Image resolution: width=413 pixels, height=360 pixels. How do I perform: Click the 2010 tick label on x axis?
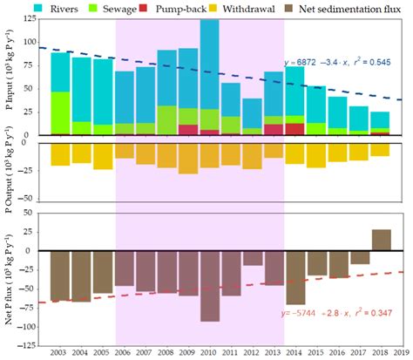coord(209,352)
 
